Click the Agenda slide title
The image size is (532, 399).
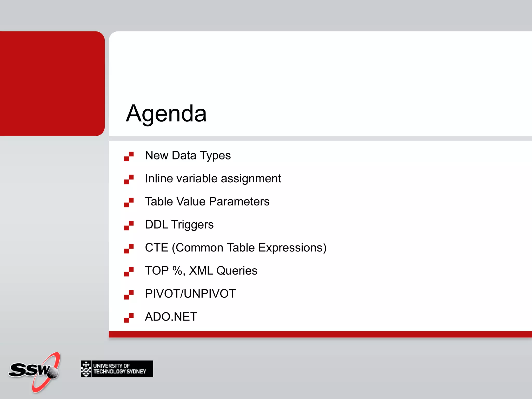coord(166,114)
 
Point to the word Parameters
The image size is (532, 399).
coord(239,202)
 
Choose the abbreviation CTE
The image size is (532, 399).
coord(156,248)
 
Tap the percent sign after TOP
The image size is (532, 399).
coord(177,271)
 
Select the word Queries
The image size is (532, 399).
coord(237,271)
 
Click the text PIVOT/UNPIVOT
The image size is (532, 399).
coord(190,294)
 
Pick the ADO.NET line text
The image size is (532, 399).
coord(171,317)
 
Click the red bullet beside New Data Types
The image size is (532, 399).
coord(129,156)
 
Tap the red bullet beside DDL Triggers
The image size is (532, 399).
coord(129,225)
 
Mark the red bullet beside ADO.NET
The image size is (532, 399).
coord(129,318)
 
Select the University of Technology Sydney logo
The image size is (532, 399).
coord(117,368)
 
